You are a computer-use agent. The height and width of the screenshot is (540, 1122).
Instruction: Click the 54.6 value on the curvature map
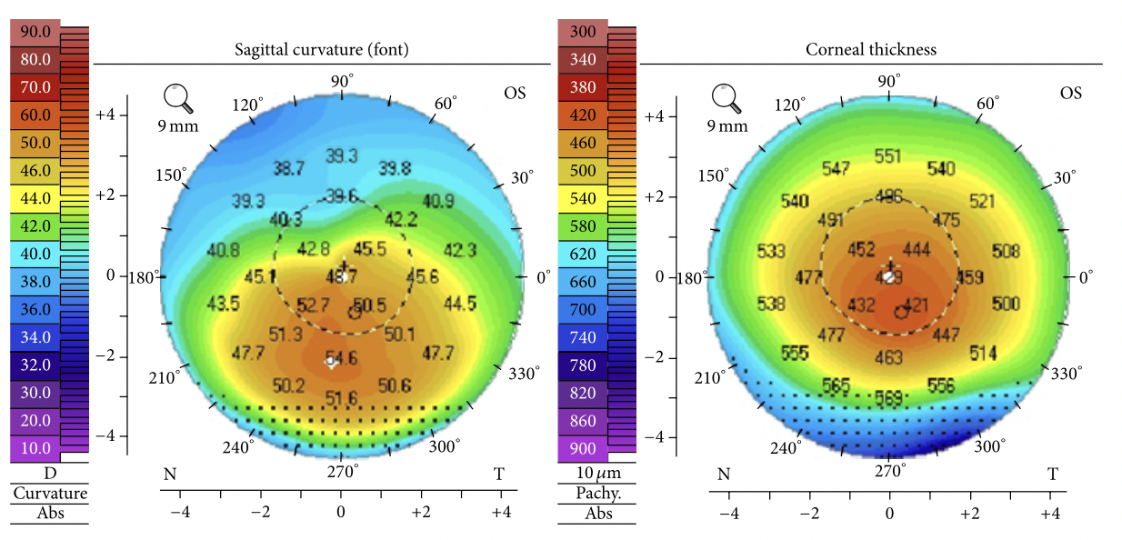342,358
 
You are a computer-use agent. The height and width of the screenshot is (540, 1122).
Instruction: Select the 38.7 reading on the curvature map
289,168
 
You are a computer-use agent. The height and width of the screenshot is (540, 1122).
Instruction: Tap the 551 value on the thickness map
887,156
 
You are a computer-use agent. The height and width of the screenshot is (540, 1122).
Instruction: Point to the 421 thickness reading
916,305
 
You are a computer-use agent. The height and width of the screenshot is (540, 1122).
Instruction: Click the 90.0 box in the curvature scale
35,33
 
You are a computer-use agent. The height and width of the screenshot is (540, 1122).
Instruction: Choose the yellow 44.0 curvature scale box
35,197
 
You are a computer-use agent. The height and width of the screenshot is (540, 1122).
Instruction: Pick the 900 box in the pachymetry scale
582,447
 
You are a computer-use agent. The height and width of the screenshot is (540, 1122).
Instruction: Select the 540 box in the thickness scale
582,197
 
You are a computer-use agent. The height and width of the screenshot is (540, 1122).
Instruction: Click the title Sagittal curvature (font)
321,50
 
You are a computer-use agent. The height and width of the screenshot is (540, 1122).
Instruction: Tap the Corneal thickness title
870,50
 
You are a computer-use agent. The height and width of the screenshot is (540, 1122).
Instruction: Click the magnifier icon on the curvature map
177,97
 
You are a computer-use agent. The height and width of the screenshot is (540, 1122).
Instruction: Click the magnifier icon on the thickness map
726,97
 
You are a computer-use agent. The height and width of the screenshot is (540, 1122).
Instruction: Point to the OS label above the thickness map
1070,93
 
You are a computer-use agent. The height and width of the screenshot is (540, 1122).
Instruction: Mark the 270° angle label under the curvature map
342,470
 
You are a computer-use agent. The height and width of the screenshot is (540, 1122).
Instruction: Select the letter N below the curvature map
169,474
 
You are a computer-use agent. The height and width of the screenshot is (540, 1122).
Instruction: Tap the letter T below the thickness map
1052,474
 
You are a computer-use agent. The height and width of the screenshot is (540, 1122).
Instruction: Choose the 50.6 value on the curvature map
394,385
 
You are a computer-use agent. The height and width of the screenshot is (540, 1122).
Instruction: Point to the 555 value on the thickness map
795,354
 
